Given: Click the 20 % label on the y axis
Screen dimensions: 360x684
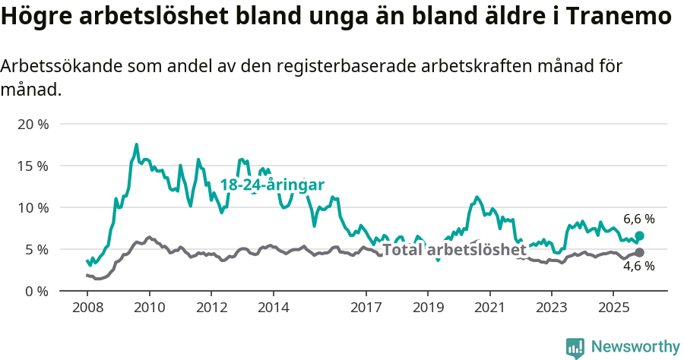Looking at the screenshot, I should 33,124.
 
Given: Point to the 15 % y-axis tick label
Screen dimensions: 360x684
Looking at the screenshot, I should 33,166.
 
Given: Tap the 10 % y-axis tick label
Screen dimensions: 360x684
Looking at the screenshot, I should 33,207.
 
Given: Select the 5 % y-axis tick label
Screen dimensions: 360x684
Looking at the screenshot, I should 36,249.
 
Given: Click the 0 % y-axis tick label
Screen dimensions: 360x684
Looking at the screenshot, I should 36,291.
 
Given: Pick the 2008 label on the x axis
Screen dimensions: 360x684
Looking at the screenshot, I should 87,308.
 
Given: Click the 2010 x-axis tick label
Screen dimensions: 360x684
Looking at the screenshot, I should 149,308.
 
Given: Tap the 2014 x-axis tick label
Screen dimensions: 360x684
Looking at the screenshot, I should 273,308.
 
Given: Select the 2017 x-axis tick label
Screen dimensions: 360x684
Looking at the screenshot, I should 366,308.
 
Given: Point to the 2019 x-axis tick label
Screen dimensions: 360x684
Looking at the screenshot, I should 427,308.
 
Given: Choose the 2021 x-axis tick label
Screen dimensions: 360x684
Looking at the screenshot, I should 489,308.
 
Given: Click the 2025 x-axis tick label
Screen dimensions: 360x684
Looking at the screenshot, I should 613,308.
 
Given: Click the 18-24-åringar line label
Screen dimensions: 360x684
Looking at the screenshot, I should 272,185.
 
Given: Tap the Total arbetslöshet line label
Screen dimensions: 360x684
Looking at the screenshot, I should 454,250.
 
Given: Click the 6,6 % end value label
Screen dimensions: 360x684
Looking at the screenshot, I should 638,219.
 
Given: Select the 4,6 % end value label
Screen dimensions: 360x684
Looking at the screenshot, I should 638,266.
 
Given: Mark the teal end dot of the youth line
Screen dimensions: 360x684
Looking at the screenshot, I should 639,236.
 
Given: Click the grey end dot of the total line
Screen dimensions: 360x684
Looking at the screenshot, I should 639,252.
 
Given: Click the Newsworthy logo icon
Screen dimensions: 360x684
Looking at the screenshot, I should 575,347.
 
